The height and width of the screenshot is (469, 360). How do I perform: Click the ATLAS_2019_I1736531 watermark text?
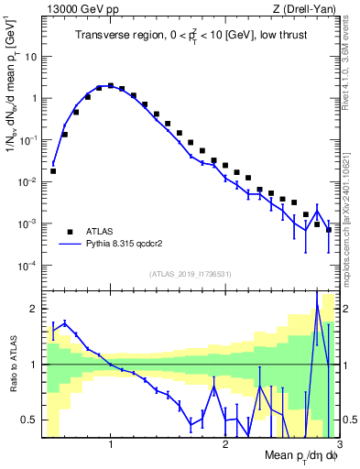[191, 274]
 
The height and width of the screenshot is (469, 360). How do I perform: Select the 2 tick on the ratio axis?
[34, 309]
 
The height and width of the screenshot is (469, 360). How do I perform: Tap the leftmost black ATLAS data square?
[53, 170]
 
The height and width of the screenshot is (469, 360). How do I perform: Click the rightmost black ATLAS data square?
[329, 229]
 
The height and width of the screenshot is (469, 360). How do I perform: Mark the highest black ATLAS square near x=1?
[111, 86]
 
